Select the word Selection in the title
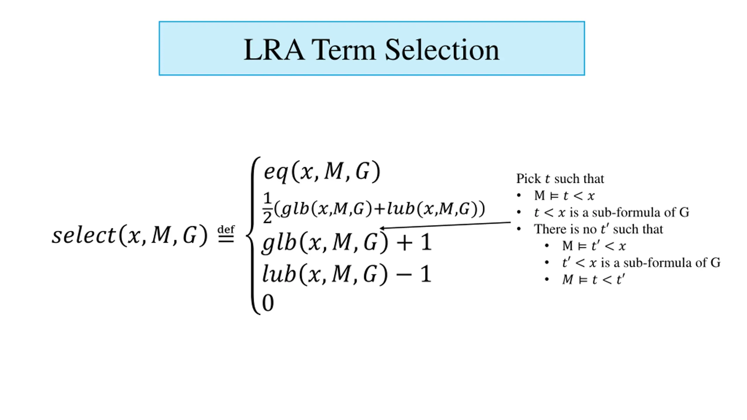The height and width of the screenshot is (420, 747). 442,50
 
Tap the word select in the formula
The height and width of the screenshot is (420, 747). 84,235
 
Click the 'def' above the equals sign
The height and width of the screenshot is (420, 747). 226,229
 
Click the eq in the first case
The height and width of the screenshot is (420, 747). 276,172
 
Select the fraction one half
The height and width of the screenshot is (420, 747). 267,208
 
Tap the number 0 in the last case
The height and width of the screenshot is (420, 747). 268,303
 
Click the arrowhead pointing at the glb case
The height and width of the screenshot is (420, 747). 382,228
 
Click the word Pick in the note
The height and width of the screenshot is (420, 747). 528,178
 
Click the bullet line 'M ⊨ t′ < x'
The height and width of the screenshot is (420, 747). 594,246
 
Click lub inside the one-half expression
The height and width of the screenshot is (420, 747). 401,209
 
